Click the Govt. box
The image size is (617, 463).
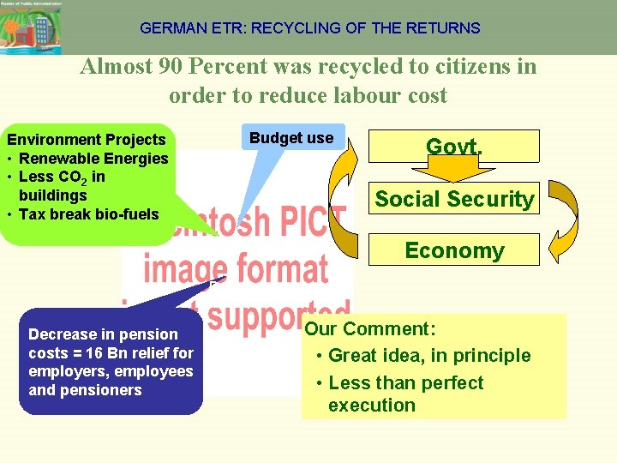click(x=454, y=146)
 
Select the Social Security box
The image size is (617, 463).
click(x=454, y=199)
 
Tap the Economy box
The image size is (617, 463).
click(x=454, y=250)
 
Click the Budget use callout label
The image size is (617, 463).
click(x=291, y=137)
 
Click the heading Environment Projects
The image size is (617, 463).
click(x=86, y=139)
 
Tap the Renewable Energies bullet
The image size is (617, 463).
click(x=93, y=158)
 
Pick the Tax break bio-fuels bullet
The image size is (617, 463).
click(x=88, y=213)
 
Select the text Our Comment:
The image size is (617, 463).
click(x=371, y=329)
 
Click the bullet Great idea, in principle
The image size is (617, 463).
click(x=429, y=355)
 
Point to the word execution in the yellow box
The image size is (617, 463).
click(x=371, y=405)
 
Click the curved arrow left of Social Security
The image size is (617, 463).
click(x=347, y=197)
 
